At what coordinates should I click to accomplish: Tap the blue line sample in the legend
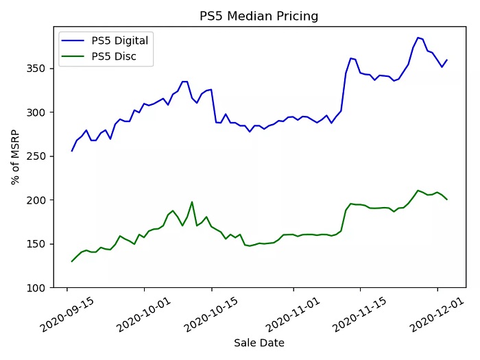tap(75, 40)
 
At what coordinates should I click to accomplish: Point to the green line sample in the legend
tap(75, 56)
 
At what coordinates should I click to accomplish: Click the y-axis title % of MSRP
tap(15, 157)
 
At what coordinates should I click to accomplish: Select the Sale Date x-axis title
tap(259, 343)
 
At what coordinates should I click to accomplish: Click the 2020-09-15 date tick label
tap(68, 312)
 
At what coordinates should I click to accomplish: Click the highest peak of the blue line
tap(418, 38)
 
